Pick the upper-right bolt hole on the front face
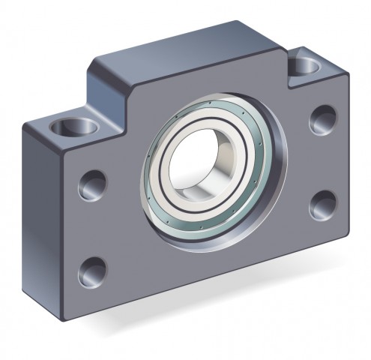coord(322,118)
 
